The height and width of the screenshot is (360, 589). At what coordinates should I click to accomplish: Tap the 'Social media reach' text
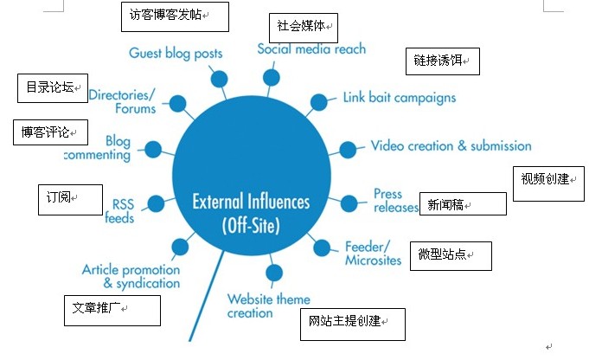[311, 48]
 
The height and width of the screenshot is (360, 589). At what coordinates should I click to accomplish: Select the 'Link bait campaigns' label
[399, 98]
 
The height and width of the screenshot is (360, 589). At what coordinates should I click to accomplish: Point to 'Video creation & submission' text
[451, 145]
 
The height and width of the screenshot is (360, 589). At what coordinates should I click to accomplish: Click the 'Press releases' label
[394, 201]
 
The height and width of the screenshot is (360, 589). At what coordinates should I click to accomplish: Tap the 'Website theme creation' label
[268, 306]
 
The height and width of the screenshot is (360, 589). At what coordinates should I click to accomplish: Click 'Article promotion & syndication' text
[131, 276]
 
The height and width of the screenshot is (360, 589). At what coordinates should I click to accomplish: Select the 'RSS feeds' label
[120, 211]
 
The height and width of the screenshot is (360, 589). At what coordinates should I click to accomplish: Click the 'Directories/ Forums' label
[122, 102]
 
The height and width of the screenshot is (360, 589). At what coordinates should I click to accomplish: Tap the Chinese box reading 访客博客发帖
[174, 16]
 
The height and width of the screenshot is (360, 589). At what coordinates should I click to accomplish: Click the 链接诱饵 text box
[441, 61]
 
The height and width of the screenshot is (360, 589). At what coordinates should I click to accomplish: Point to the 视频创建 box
[548, 180]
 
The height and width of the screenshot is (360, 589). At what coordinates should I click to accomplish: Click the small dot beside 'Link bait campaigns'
[318, 101]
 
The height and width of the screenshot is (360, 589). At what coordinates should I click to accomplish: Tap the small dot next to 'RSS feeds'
[156, 204]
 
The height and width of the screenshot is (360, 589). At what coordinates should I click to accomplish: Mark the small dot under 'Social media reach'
[272, 78]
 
